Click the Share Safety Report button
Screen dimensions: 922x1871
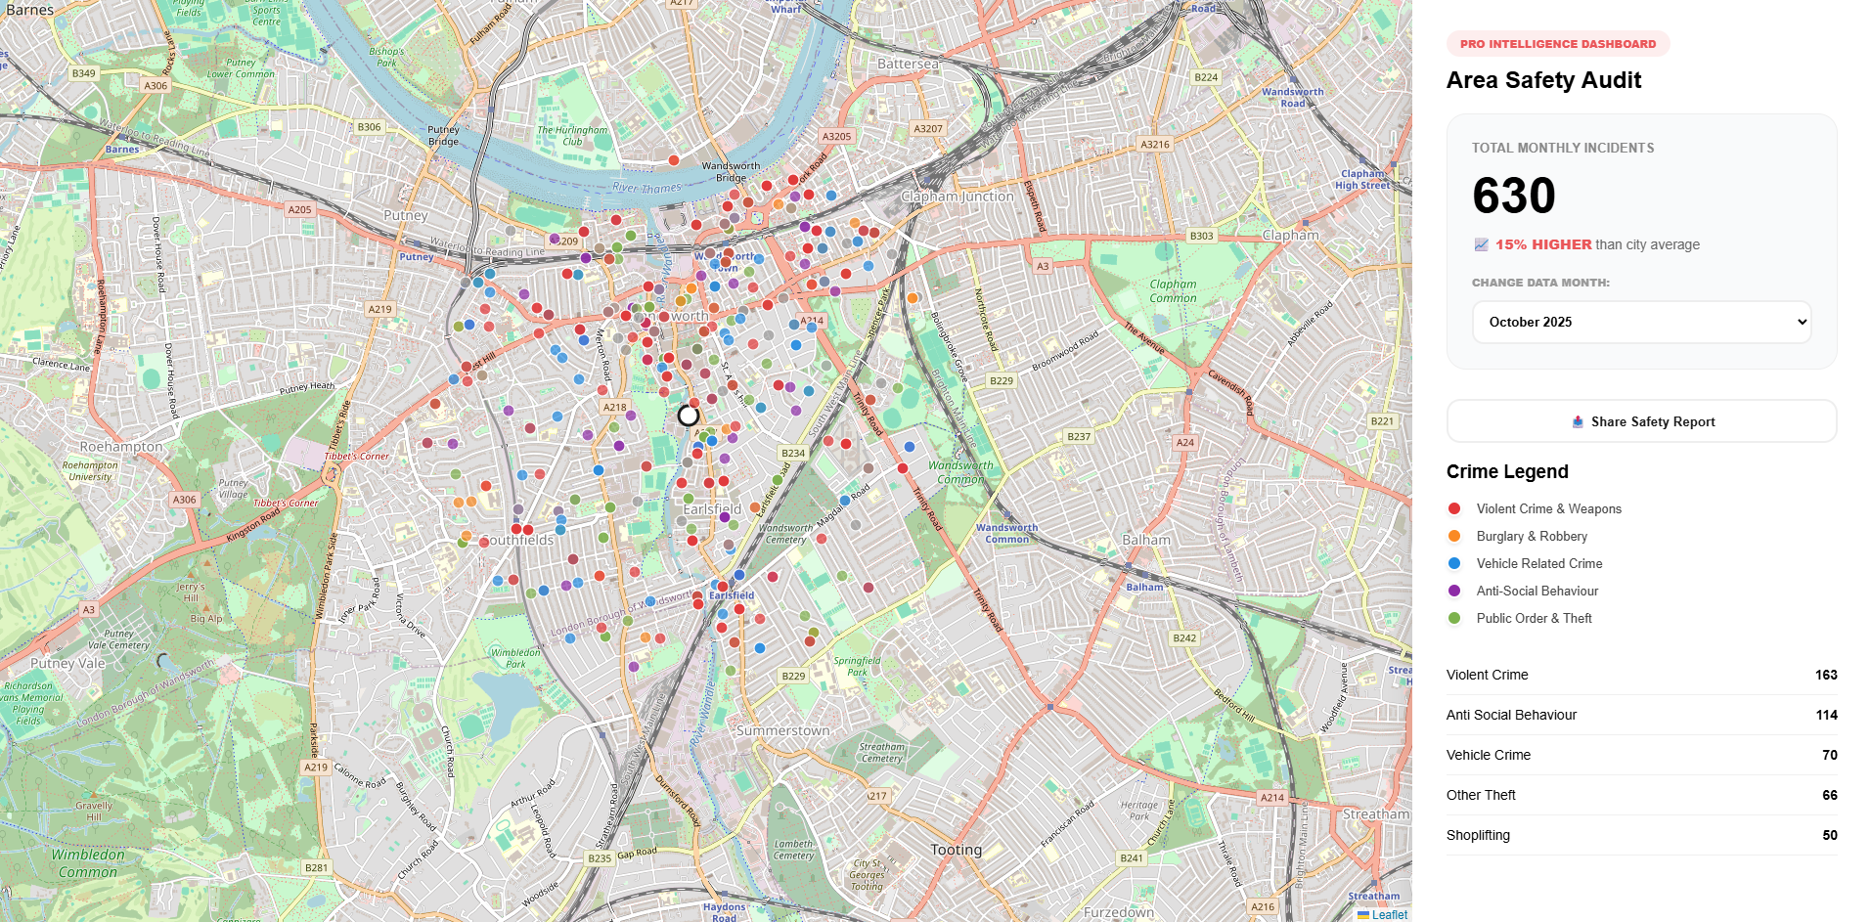pyautogui.click(x=1641, y=421)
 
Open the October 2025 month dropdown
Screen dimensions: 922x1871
pyautogui.click(x=1641, y=322)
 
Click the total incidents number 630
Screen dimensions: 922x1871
pyautogui.click(x=1513, y=196)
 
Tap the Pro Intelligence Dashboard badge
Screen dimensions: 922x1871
pyautogui.click(x=1557, y=44)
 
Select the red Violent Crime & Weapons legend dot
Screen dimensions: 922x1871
pyautogui.click(x=1454, y=508)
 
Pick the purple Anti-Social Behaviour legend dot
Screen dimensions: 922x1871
pyautogui.click(x=1454, y=591)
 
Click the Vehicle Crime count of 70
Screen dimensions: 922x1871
pyautogui.click(x=1829, y=755)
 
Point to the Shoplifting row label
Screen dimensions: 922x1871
pyautogui.click(x=1478, y=835)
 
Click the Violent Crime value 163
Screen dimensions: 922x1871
pyautogui.click(x=1825, y=675)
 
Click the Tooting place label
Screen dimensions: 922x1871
pyautogui.click(x=956, y=850)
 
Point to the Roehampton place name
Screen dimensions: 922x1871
pyautogui.click(x=121, y=447)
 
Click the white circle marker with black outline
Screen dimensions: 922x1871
pyautogui.click(x=689, y=416)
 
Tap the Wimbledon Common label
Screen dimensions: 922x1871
pyautogui.click(x=88, y=862)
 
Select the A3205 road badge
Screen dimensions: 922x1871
pyautogui.click(x=836, y=136)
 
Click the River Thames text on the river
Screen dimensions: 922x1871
pyautogui.click(x=646, y=188)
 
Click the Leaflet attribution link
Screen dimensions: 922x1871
pyautogui.click(x=1389, y=915)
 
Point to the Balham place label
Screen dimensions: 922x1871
pyautogui.click(x=1145, y=540)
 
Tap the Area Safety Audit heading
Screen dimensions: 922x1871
pyautogui.click(x=1543, y=80)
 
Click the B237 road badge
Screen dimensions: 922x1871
pyautogui.click(x=1078, y=436)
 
